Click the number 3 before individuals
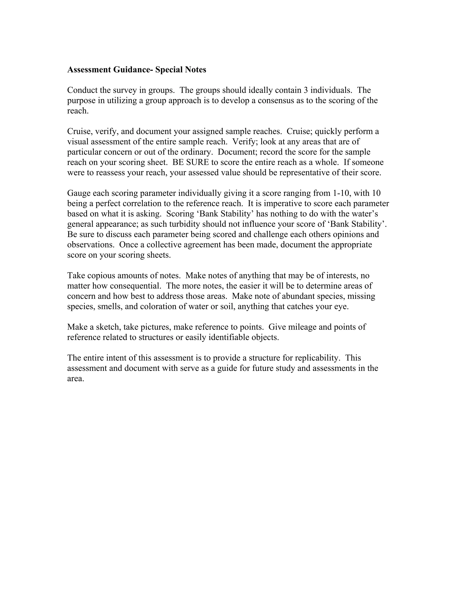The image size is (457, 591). tap(306, 90)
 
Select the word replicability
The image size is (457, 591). tap(317, 358)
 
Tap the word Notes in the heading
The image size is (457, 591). tap(195, 70)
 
